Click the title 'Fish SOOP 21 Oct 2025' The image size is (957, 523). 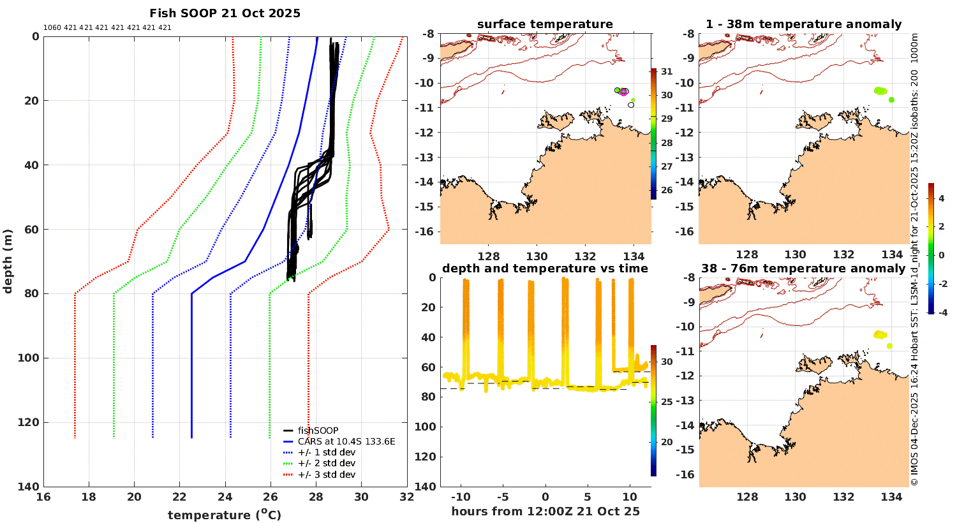pos(225,13)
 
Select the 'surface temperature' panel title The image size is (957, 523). pos(545,24)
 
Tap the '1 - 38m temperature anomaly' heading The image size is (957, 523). pos(803,24)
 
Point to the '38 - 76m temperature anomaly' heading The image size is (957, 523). pos(803,269)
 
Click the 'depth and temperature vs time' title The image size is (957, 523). pos(545,269)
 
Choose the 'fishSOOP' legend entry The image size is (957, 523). pos(318,431)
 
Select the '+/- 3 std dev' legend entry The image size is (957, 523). pos(326,475)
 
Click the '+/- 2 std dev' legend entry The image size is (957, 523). pos(326,463)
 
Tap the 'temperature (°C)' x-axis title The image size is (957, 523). pos(225,515)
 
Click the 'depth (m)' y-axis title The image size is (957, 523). pos(8,261)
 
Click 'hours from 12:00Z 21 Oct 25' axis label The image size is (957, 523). pos(545,512)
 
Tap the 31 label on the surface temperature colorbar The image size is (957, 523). pos(667,71)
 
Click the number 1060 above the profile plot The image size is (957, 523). pos(52,28)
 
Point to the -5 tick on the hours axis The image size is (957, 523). pos(501,497)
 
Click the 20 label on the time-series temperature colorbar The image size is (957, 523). pos(667,441)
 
